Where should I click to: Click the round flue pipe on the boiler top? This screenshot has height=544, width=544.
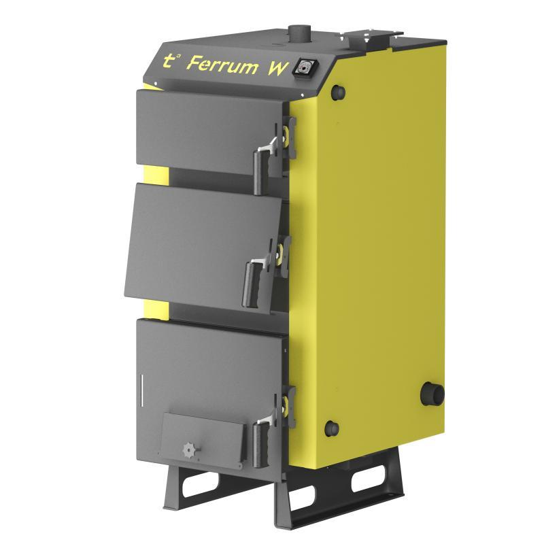(297, 32)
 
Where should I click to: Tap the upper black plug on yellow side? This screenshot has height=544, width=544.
(338, 91)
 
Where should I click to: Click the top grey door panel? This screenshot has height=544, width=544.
(207, 129)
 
